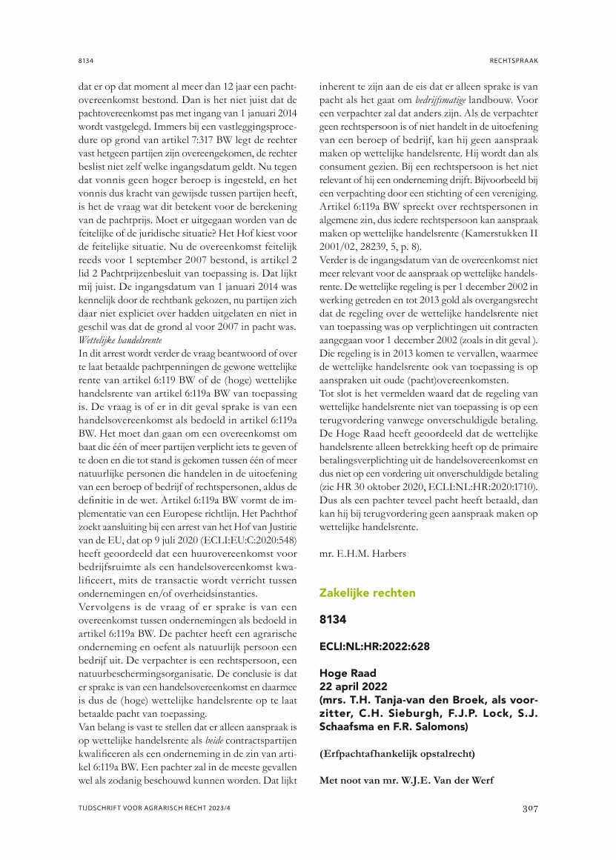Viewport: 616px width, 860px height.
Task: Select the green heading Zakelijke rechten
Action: [x=367, y=592]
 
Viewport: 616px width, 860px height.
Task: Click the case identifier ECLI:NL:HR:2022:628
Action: [x=374, y=646]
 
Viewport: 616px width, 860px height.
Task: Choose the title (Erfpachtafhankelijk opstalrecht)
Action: [x=397, y=753]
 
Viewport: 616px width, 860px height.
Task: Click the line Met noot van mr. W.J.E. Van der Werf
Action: [x=407, y=779]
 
